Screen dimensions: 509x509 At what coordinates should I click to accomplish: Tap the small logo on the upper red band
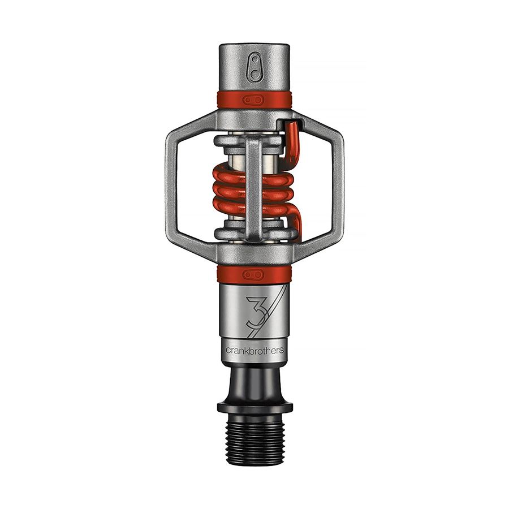pos(255,100)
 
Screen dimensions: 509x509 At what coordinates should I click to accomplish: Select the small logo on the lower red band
pos(255,274)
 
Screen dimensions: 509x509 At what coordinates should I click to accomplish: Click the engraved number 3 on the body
pos(254,310)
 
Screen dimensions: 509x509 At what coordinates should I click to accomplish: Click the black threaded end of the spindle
pos(255,438)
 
